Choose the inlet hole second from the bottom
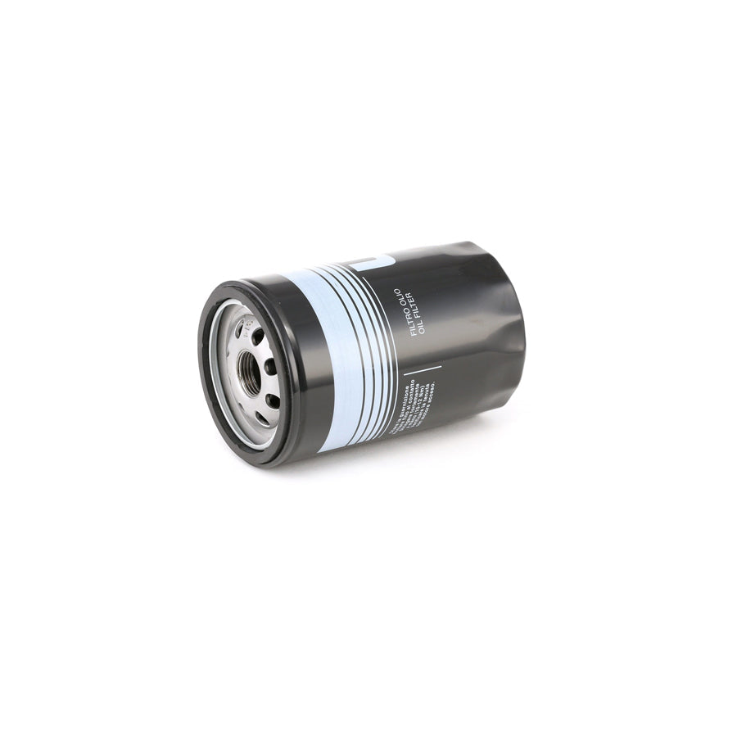pyautogui.click(x=273, y=399)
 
